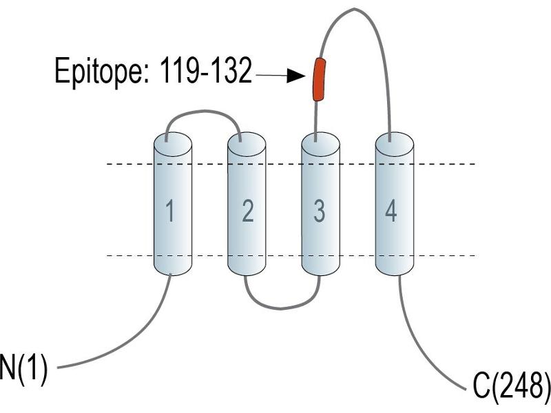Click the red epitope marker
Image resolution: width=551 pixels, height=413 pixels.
tap(319, 80)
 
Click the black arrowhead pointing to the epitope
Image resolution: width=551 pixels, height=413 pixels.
tap(296, 76)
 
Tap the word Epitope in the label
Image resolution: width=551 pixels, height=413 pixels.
tap(99, 72)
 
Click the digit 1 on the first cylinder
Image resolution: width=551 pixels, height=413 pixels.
tap(170, 211)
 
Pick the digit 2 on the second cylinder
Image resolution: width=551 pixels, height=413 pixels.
tap(248, 211)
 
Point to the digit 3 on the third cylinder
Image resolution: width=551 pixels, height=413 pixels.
tap(320, 211)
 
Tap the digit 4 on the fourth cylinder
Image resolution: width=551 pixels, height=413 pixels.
tap(391, 211)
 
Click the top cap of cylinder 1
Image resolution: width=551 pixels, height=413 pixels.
tap(173, 144)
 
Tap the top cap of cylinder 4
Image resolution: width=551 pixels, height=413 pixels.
tap(394, 144)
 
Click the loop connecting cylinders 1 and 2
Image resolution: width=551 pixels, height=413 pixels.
tap(203, 112)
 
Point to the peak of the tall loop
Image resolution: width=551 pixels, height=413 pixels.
tap(354, 9)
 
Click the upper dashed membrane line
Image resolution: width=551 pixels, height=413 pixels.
tap(291, 164)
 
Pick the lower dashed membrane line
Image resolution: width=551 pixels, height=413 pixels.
tap(291, 255)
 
